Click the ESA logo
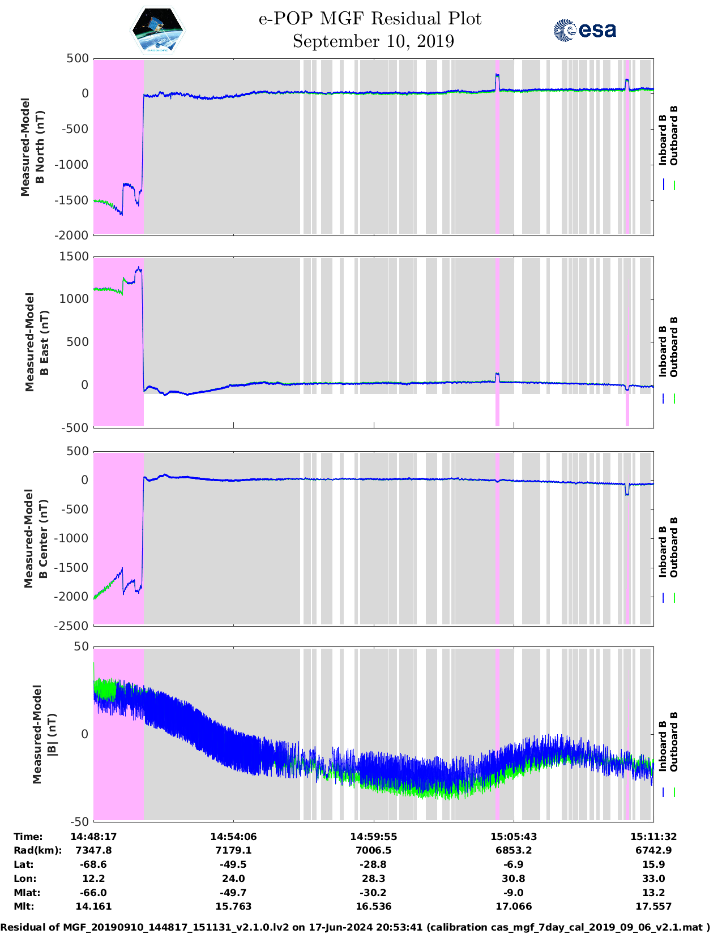(x=584, y=30)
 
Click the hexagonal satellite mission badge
(x=158, y=31)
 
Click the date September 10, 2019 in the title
(x=373, y=41)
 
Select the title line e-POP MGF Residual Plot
(x=370, y=19)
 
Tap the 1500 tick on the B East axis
(x=74, y=256)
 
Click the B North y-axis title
(x=33, y=147)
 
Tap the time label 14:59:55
(x=373, y=837)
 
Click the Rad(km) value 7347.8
(x=93, y=850)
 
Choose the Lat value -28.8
(x=373, y=864)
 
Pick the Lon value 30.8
(x=514, y=879)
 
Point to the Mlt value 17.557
(x=653, y=906)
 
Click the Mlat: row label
(x=26, y=893)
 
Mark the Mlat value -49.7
(x=233, y=893)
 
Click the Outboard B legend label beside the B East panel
(x=674, y=346)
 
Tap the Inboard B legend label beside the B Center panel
(x=663, y=551)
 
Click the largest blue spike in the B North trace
(x=497, y=75)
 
